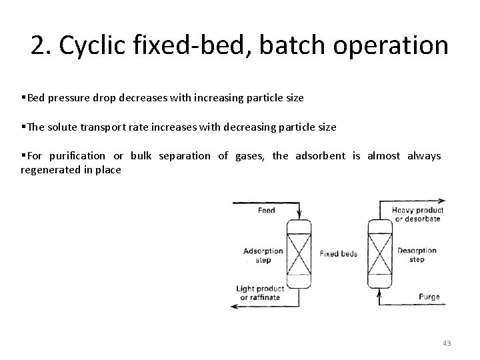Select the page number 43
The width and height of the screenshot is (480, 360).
447,343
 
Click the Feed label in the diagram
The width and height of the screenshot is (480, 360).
265,210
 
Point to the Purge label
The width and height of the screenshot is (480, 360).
429,297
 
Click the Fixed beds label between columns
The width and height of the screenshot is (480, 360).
339,254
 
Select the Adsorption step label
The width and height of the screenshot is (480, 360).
263,255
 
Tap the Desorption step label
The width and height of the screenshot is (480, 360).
417,255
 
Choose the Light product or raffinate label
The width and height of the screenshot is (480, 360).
260,293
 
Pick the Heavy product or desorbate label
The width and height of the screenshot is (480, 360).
418,214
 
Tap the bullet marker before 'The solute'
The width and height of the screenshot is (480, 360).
23,127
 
